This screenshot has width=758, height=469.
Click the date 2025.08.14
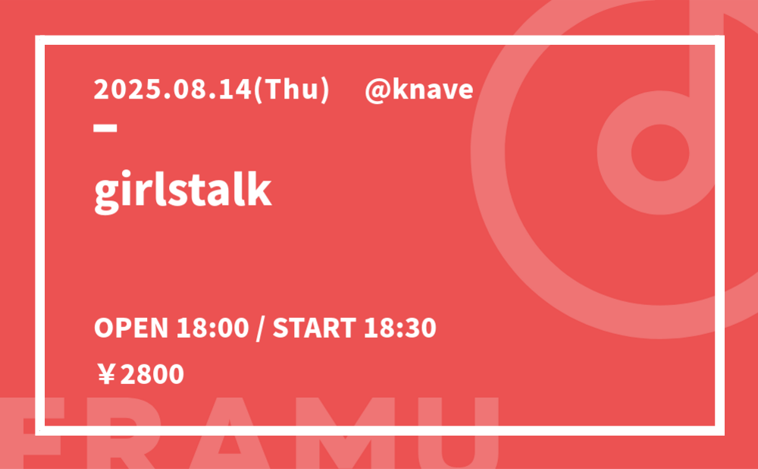(x=173, y=90)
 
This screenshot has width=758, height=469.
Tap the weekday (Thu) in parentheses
(x=291, y=90)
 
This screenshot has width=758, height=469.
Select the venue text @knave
(x=418, y=90)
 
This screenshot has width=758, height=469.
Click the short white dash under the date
(x=105, y=127)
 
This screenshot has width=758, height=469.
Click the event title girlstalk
(x=183, y=190)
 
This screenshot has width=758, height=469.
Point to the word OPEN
(x=131, y=328)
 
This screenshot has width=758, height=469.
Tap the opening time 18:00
(x=212, y=328)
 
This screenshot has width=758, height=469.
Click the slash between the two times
(x=261, y=328)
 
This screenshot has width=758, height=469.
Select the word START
(x=315, y=328)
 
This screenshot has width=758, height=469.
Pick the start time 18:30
(x=399, y=328)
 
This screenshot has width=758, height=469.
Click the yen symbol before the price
(x=106, y=375)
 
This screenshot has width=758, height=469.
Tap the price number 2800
(x=152, y=375)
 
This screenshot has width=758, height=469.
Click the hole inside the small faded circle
(x=660, y=153)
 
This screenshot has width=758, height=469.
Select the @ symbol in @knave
(x=377, y=91)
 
